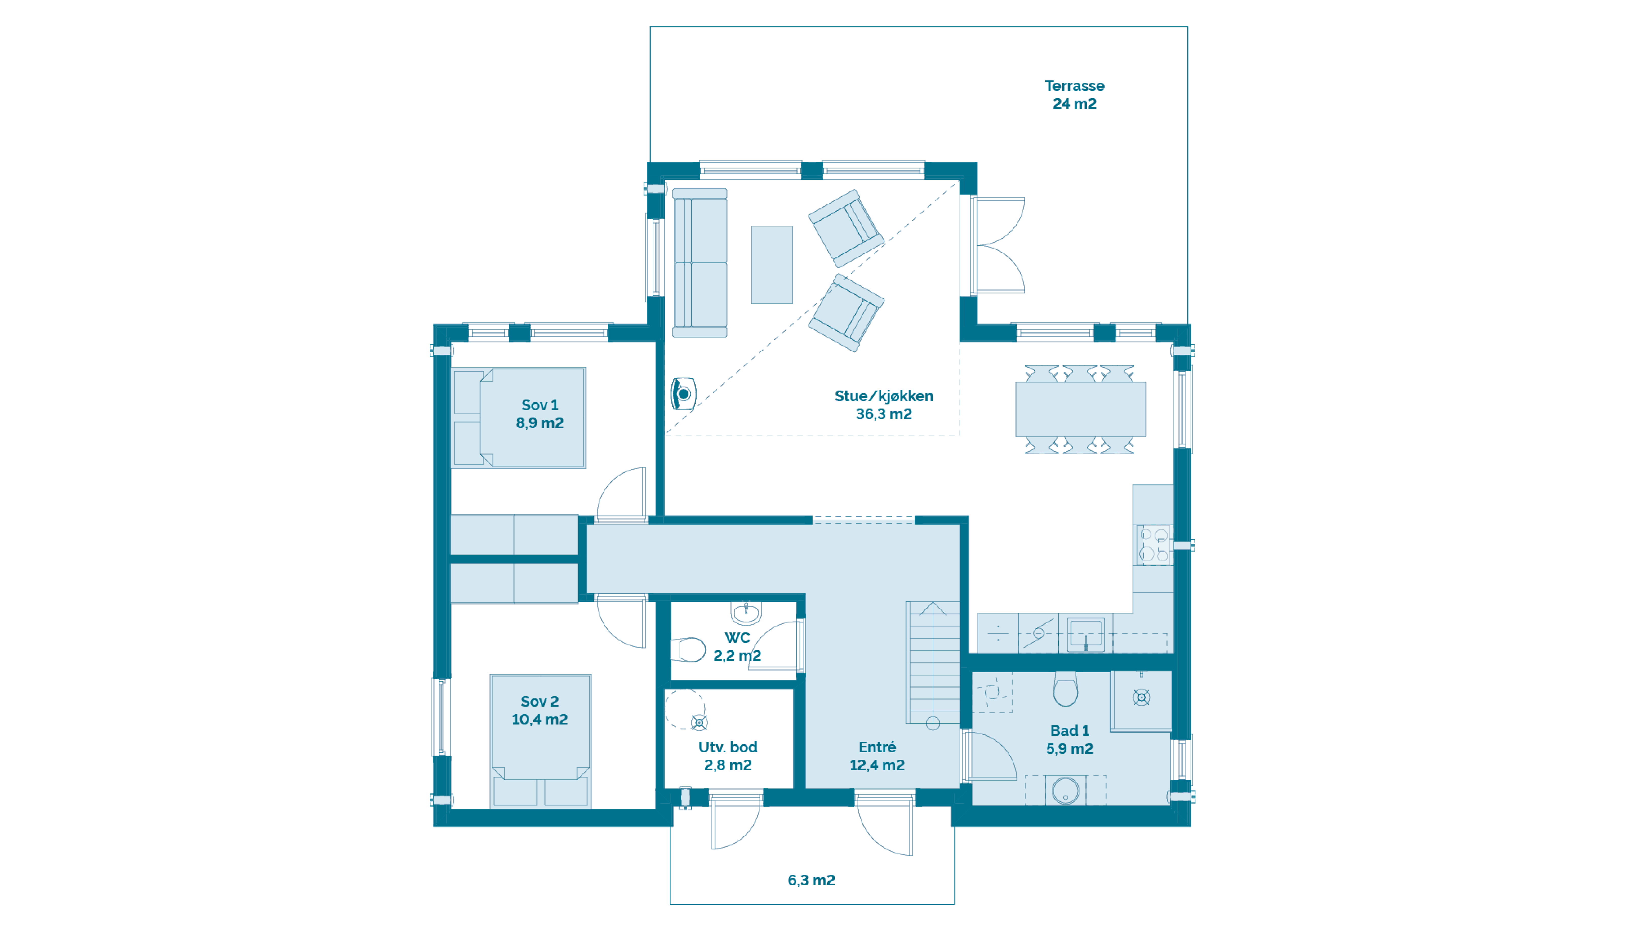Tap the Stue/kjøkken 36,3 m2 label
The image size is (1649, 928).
click(883, 405)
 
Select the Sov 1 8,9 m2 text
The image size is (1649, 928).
click(540, 414)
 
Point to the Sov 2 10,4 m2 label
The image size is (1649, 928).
click(540, 710)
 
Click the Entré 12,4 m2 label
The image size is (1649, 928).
click(877, 756)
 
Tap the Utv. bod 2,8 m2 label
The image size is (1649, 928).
click(728, 756)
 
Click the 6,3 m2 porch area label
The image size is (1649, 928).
click(811, 880)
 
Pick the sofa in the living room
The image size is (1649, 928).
click(700, 263)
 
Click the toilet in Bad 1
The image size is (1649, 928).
click(1065, 689)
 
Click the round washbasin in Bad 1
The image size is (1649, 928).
click(1065, 790)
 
